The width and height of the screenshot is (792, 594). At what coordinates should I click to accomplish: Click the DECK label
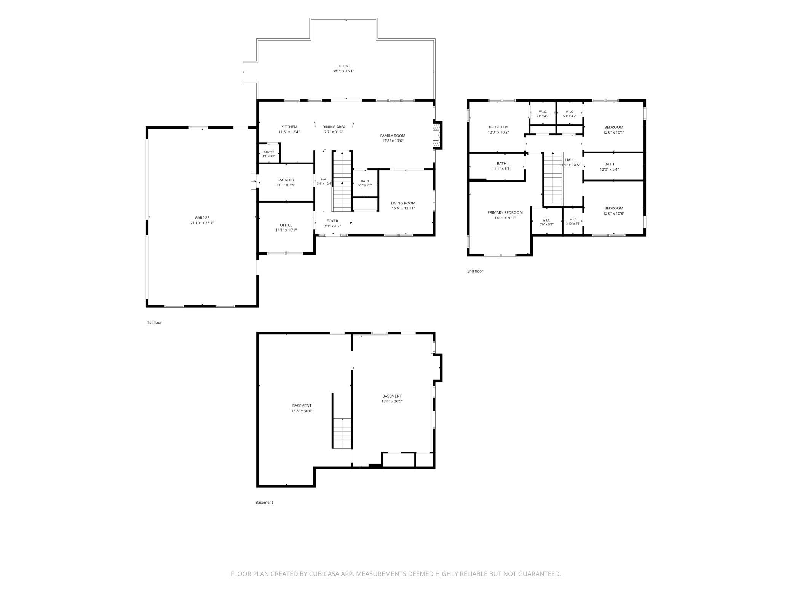[x=343, y=66]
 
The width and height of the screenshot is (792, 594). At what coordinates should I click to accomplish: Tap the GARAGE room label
[x=202, y=218]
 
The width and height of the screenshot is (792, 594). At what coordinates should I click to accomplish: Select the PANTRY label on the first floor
[x=269, y=152]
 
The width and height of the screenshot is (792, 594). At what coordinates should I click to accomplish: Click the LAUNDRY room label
[x=286, y=180]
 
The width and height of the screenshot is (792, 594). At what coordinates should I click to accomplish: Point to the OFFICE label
[x=286, y=225]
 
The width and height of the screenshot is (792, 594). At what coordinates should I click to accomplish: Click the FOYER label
[x=332, y=221]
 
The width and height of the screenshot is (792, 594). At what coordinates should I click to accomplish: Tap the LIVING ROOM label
[x=403, y=203]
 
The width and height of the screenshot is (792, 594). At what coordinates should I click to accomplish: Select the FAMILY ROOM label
[x=393, y=136]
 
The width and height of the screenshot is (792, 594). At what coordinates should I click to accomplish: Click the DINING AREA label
[x=334, y=127]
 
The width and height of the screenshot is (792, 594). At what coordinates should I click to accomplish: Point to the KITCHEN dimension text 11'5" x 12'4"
[x=289, y=132]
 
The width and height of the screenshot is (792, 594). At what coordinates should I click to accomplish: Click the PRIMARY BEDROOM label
[x=505, y=212]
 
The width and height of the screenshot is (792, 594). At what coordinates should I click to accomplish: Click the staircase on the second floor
[x=552, y=179]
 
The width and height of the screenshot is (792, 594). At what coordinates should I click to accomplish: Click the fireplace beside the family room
[x=437, y=135]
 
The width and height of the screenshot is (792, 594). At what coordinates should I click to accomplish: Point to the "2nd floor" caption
[x=475, y=271]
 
